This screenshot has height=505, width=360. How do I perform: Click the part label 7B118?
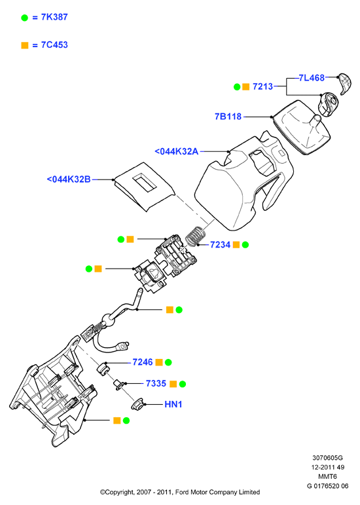click(x=228, y=117)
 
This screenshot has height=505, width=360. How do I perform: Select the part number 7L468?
click(x=312, y=78)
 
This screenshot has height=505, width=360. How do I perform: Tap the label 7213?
click(x=262, y=86)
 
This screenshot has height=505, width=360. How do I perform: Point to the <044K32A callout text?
click(x=176, y=151)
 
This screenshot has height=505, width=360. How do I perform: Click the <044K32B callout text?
click(x=69, y=179)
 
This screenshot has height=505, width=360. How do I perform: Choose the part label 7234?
click(x=220, y=245)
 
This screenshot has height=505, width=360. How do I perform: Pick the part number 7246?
click(x=143, y=362)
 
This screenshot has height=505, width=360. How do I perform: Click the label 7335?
click(x=156, y=383)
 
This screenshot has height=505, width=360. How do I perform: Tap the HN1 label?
click(x=173, y=404)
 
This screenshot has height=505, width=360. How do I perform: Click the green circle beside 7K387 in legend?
click(x=25, y=18)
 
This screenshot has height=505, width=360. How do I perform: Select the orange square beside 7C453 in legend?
click(x=25, y=45)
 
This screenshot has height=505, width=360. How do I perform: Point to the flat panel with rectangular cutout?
click(x=145, y=187)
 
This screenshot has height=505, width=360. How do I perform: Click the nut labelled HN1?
click(x=137, y=403)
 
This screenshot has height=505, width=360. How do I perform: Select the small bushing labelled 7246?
click(x=103, y=369)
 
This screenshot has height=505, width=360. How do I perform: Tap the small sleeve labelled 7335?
click(x=118, y=384)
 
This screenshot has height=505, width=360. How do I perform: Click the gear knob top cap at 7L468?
click(x=344, y=83)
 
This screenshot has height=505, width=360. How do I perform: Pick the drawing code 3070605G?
click(x=327, y=457)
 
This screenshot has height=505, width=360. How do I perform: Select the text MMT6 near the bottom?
click(x=327, y=476)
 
